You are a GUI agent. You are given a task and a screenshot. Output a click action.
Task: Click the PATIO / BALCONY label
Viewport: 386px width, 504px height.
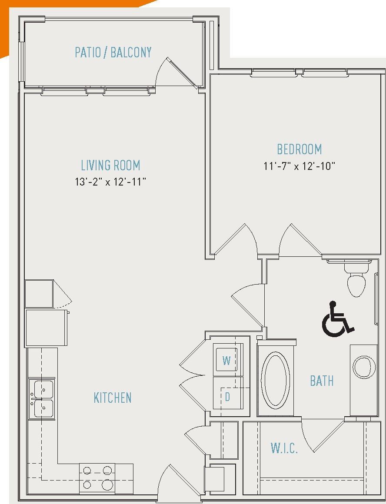[113, 52]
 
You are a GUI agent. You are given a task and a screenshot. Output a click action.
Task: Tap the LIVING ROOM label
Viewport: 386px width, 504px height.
[110, 166]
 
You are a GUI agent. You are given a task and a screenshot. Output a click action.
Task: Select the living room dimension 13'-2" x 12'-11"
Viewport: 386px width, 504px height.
[110, 182]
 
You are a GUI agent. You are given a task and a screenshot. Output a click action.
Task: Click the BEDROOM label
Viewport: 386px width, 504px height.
[299, 149]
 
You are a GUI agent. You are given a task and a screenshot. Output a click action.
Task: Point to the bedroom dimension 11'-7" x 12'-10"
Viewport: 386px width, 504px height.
[299, 166]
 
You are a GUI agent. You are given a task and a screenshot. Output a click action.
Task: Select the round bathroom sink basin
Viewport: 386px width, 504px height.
[364, 367]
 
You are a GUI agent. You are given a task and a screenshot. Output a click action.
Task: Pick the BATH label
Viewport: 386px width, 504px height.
[322, 381]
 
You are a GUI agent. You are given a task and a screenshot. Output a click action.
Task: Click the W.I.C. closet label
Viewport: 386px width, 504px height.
[284, 448]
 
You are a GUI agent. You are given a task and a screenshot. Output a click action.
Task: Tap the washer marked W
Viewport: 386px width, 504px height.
[226, 361]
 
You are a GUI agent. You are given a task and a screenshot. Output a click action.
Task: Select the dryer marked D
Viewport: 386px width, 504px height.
[227, 397]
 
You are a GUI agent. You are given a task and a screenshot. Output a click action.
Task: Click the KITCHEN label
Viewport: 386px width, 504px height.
[113, 398]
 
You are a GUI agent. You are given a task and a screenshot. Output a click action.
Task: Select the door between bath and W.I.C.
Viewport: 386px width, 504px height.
[319, 434]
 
